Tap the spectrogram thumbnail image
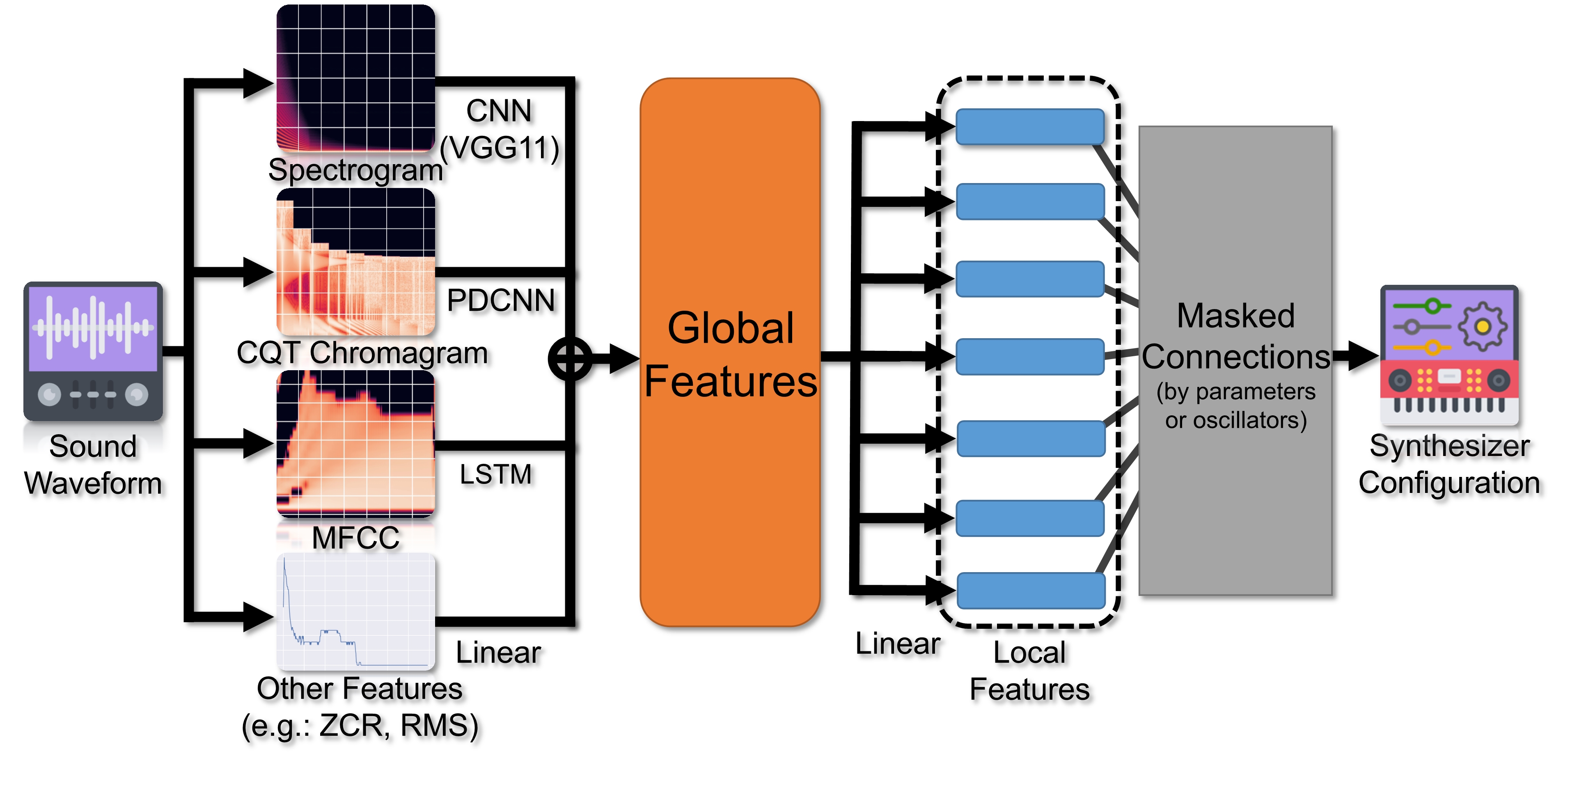(x=356, y=78)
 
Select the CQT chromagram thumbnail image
(x=356, y=262)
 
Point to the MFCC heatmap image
(x=356, y=443)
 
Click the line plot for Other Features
(x=356, y=612)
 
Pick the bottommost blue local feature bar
(x=1031, y=591)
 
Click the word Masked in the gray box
(x=1235, y=316)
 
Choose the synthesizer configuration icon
(x=1449, y=355)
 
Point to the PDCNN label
(x=500, y=300)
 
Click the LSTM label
(x=495, y=474)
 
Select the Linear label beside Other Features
(x=498, y=653)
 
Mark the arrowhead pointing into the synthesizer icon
(x=1364, y=356)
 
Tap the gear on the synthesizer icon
(x=1482, y=326)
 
